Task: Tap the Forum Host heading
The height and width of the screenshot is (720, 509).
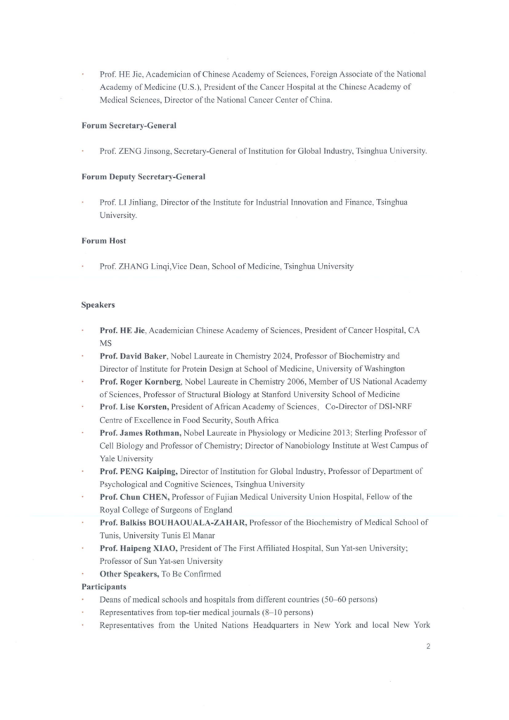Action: [x=103, y=240]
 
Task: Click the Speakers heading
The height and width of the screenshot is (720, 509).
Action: [x=98, y=305]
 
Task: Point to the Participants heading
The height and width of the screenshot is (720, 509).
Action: [x=103, y=586]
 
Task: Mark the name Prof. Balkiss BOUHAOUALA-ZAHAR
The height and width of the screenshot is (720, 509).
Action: [x=173, y=522]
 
